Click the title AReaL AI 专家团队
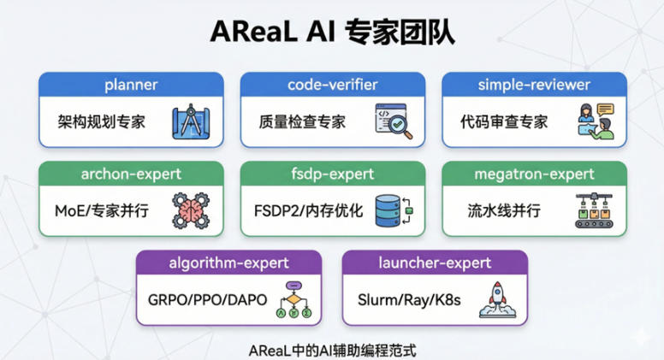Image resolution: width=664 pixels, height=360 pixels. point(332,31)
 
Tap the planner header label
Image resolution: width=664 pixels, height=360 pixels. point(131,85)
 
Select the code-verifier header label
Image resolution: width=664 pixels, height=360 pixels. point(332,85)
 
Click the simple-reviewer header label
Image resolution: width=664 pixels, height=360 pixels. point(534,85)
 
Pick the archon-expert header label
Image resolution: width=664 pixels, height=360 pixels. point(131,174)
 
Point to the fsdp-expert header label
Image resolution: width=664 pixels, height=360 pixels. point(332,174)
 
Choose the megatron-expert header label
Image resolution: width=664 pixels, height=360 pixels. point(534,174)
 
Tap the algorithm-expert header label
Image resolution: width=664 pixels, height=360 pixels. point(229,263)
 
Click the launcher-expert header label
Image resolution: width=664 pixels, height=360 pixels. point(434,263)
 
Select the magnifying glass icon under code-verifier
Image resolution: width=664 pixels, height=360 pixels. point(392,121)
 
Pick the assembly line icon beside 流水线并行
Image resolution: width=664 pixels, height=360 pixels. point(594,210)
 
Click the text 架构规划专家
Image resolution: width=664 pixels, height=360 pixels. point(97,121)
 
